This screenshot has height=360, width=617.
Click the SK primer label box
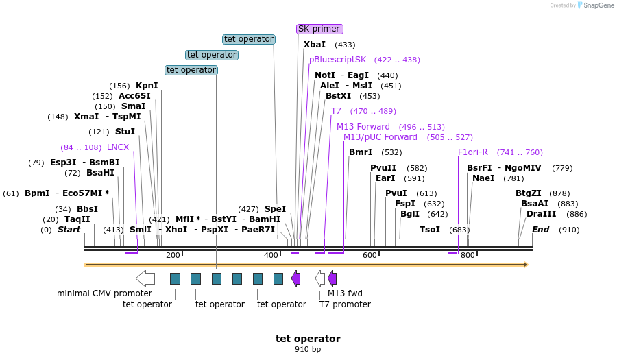click(x=319, y=29)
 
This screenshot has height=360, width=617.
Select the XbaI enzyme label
click(x=315, y=45)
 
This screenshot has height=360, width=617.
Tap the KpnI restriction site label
click(x=147, y=86)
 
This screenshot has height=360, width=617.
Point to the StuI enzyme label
click(x=125, y=132)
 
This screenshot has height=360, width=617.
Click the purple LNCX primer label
click(x=118, y=147)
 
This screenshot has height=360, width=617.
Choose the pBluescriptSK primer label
click(x=338, y=60)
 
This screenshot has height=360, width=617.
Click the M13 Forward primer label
click(x=363, y=127)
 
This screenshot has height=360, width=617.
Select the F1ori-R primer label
click(x=473, y=152)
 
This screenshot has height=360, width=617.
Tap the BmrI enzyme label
click(x=361, y=152)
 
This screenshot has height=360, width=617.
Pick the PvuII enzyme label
click(x=383, y=168)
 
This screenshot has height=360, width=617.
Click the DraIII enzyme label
click(x=537, y=214)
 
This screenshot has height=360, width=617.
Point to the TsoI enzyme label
click(x=430, y=230)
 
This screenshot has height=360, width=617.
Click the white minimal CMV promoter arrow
click(x=145, y=278)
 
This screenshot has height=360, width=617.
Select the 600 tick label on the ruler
click(x=370, y=255)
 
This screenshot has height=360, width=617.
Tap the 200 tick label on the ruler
click(x=173, y=255)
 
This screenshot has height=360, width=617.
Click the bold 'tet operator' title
click(x=308, y=339)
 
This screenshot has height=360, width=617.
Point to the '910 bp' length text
click(x=308, y=350)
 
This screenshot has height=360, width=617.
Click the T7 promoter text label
click(x=345, y=304)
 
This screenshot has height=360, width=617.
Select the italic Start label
click(x=69, y=230)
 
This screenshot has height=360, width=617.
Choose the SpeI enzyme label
click(x=275, y=209)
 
